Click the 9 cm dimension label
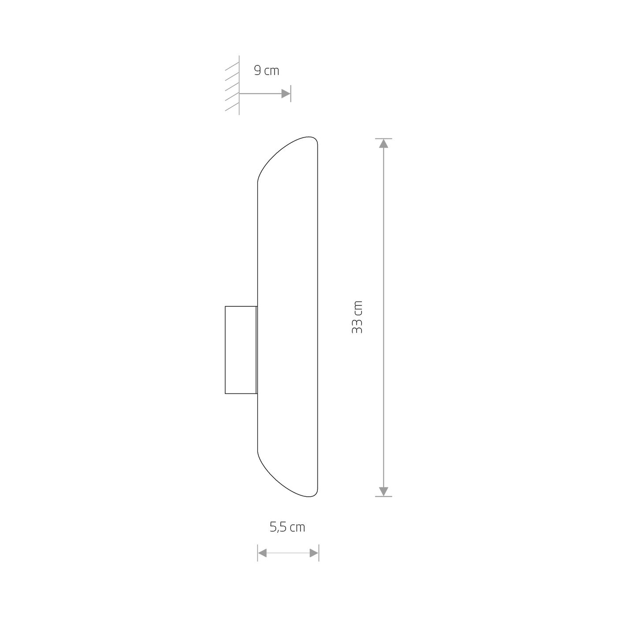tap(267, 71)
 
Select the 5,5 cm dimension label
tap(287, 527)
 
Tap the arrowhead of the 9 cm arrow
tap(286, 94)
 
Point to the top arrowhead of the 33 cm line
tap(384, 144)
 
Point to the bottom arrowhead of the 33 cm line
tap(384, 491)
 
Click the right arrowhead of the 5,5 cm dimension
tap(314, 553)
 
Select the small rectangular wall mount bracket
tap(241, 349)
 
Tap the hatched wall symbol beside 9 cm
tap(232, 86)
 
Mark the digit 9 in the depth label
tap(257, 71)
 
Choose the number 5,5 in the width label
tap(278, 527)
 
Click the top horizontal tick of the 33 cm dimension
tap(384, 138)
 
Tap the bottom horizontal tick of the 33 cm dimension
tap(384, 497)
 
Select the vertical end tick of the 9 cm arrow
tap(291, 94)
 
